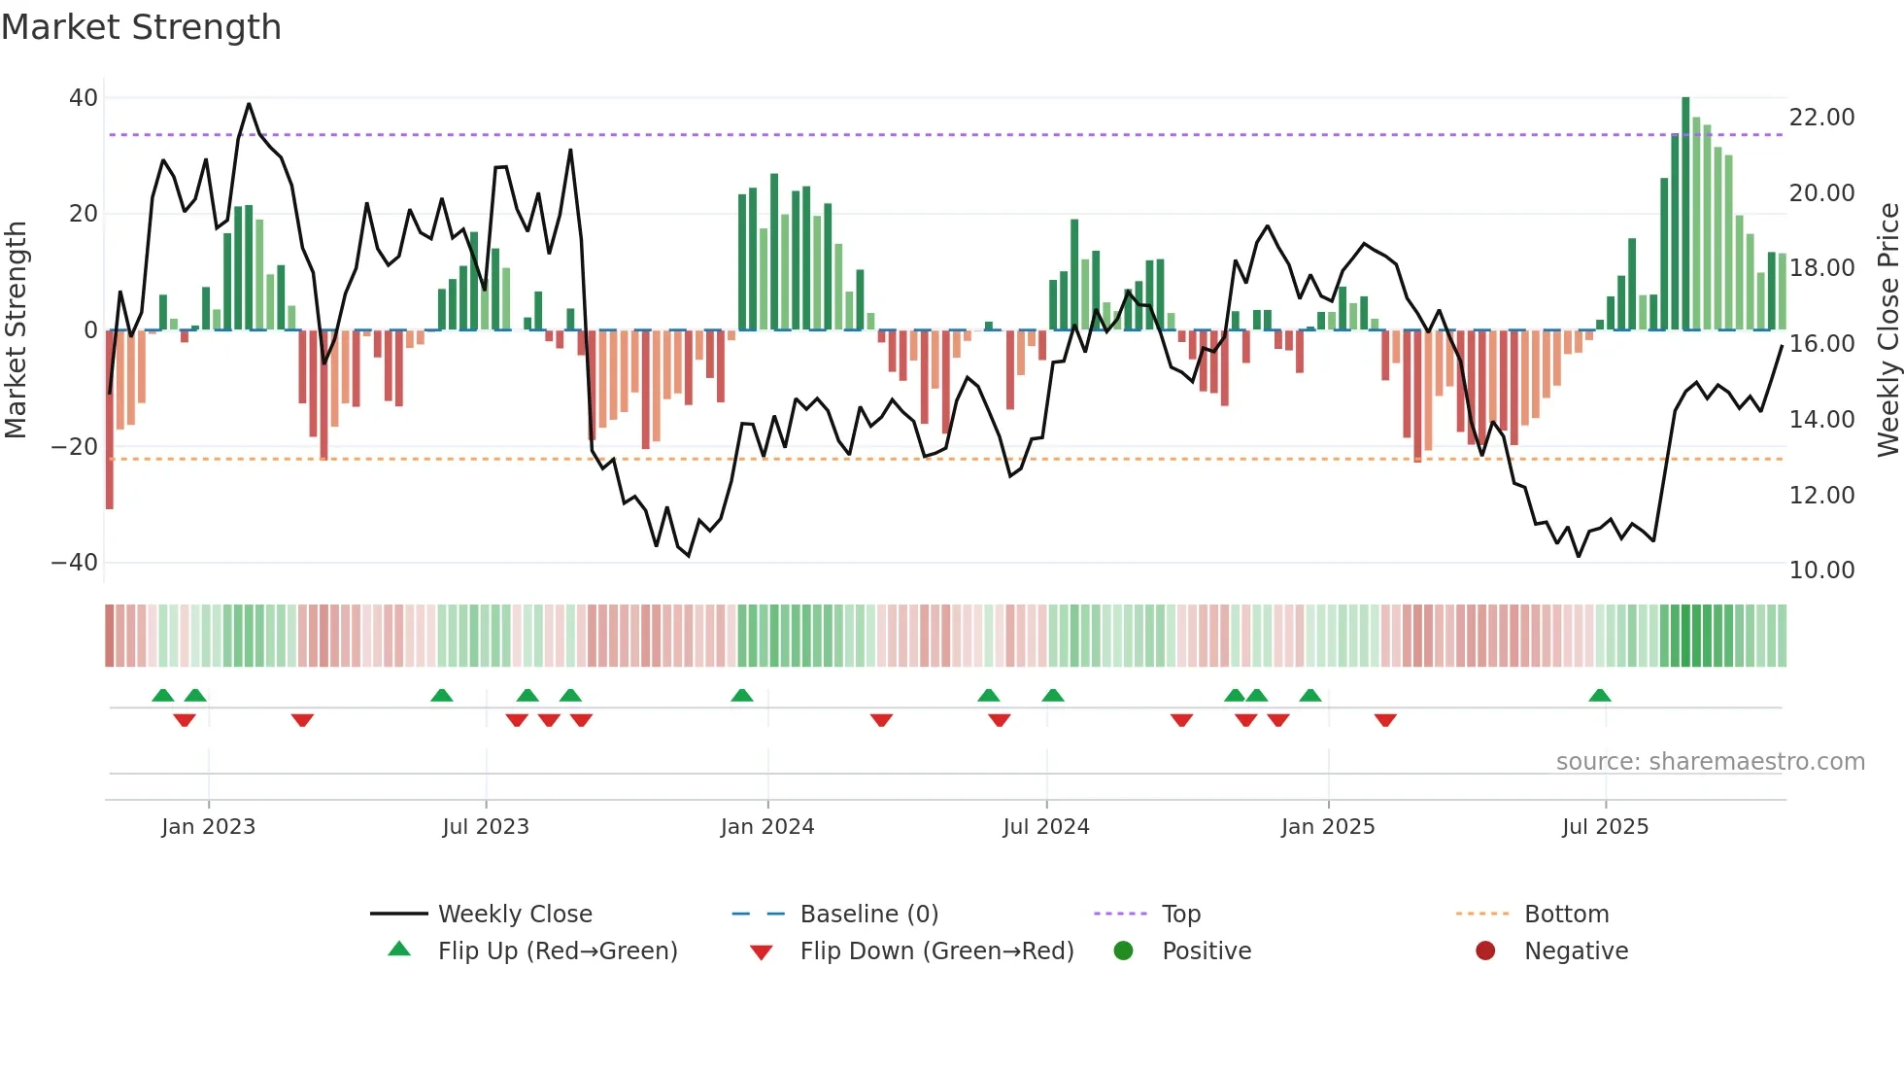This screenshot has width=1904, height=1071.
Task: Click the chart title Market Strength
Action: click(141, 27)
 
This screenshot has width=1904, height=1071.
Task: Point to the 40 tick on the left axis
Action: click(84, 98)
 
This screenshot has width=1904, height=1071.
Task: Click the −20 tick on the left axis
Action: click(75, 447)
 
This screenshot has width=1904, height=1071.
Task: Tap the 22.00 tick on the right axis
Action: click(1821, 118)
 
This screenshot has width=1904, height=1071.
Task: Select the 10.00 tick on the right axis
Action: click(1821, 570)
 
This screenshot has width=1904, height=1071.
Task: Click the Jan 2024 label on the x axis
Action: click(766, 827)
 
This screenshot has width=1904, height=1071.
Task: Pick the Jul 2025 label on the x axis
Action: click(1605, 827)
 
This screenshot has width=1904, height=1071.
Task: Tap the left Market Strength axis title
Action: click(17, 330)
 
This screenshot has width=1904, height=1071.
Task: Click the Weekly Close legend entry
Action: click(514, 915)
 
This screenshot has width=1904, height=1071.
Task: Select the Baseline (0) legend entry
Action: click(868, 915)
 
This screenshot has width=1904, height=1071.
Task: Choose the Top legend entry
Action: click(1180, 915)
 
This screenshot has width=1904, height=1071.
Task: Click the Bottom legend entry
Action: click(1566, 915)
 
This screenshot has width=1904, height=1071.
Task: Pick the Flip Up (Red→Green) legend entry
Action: click(557, 951)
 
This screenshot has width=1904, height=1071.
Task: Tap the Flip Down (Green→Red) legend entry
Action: click(936, 951)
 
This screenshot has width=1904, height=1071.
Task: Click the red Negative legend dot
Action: click(1485, 951)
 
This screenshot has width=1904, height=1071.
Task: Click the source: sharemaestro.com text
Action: click(1710, 762)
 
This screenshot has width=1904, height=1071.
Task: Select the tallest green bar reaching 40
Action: click(1685, 214)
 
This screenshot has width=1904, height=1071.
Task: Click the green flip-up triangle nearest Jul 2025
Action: click(1599, 696)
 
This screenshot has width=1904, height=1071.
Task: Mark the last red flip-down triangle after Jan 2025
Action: click(1385, 720)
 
